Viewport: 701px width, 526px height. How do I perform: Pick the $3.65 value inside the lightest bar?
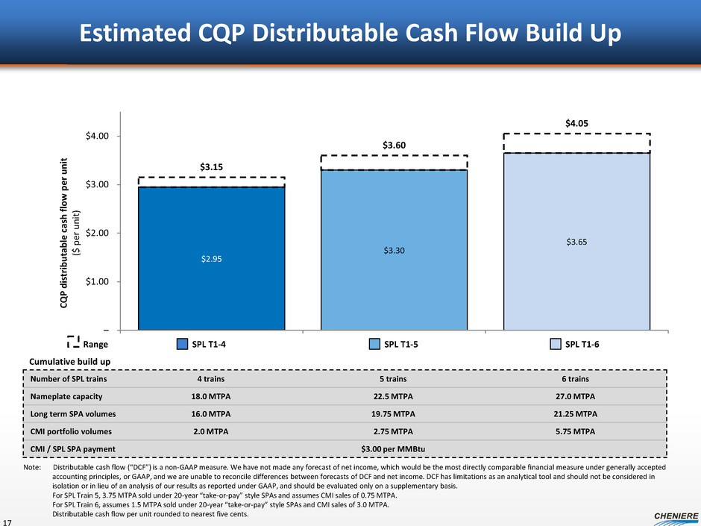576,242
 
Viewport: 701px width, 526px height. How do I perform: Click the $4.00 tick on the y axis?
95,136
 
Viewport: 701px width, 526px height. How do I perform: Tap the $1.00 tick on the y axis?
95,281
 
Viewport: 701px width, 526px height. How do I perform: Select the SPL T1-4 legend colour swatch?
182,344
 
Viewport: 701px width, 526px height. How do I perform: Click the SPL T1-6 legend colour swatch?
555,344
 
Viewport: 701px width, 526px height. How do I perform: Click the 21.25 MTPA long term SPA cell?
573,414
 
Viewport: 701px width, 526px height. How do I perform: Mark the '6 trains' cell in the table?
573,378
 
